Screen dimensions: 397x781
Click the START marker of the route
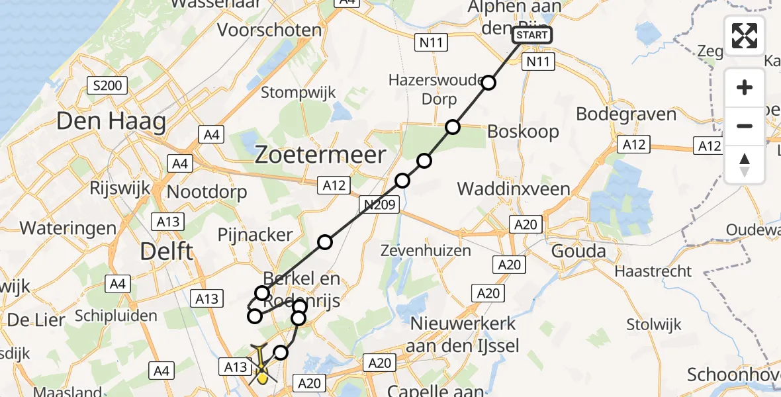pyautogui.click(x=531, y=35)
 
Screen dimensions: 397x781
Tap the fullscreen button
pyautogui.click(x=745, y=36)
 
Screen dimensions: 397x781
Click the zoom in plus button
pyautogui.click(x=745, y=87)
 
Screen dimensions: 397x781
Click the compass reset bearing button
pyautogui.click(x=745, y=165)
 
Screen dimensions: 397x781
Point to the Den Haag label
pyautogui.click(x=111, y=122)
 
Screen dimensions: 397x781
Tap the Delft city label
pyautogui.click(x=167, y=251)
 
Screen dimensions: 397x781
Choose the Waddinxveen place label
pyautogui.click(x=514, y=189)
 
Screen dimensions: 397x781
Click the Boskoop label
pyautogui.click(x=523, y=131)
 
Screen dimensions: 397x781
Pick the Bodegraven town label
pyautogui.click(x=626, y=114)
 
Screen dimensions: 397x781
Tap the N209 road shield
pyautogui.click(x=380, y=205)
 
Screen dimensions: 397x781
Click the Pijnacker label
pyautogui.click(x=255, y=235)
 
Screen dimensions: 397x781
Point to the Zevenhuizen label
pyautogui.click(x=426, y=250)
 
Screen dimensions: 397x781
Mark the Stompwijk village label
pyautogui.click(x=299, y=92)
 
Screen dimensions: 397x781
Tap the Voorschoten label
pyautogui.click(x=269, y=30)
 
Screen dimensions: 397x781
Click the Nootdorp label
pyautogui.click(x=207, y=192)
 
